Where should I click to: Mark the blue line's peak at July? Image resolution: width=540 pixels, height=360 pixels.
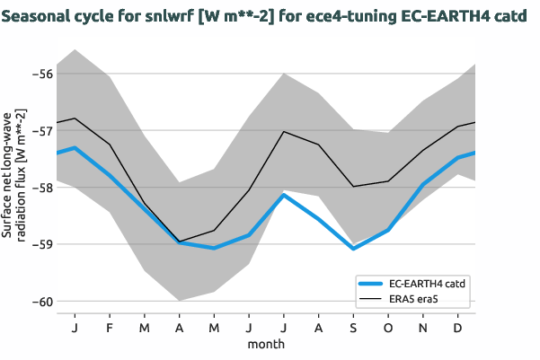284,195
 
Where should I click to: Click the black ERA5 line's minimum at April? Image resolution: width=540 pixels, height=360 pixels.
179,241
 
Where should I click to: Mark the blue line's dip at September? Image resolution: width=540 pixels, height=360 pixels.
354,248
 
